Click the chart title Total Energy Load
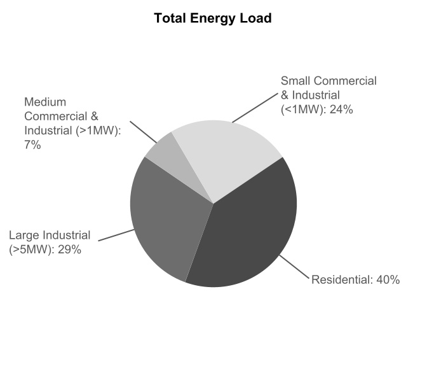click(x=213, y=18)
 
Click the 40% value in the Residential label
click(x=388, y=279)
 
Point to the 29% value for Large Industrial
click(x=69, y=250)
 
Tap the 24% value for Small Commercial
click(x=341, y=109)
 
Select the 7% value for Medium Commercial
click(x=32, y=145)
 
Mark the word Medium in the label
click(x=45, y=102)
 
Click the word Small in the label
click(x=295, y=81)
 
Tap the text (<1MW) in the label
click(x=304, y=109)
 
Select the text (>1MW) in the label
click(x=98, y=130)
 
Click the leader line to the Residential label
click(x=295, y=267)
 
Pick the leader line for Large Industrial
click(x=116, y=236)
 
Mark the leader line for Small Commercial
click(x=255, y=108)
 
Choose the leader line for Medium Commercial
click(x=143, y=132)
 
